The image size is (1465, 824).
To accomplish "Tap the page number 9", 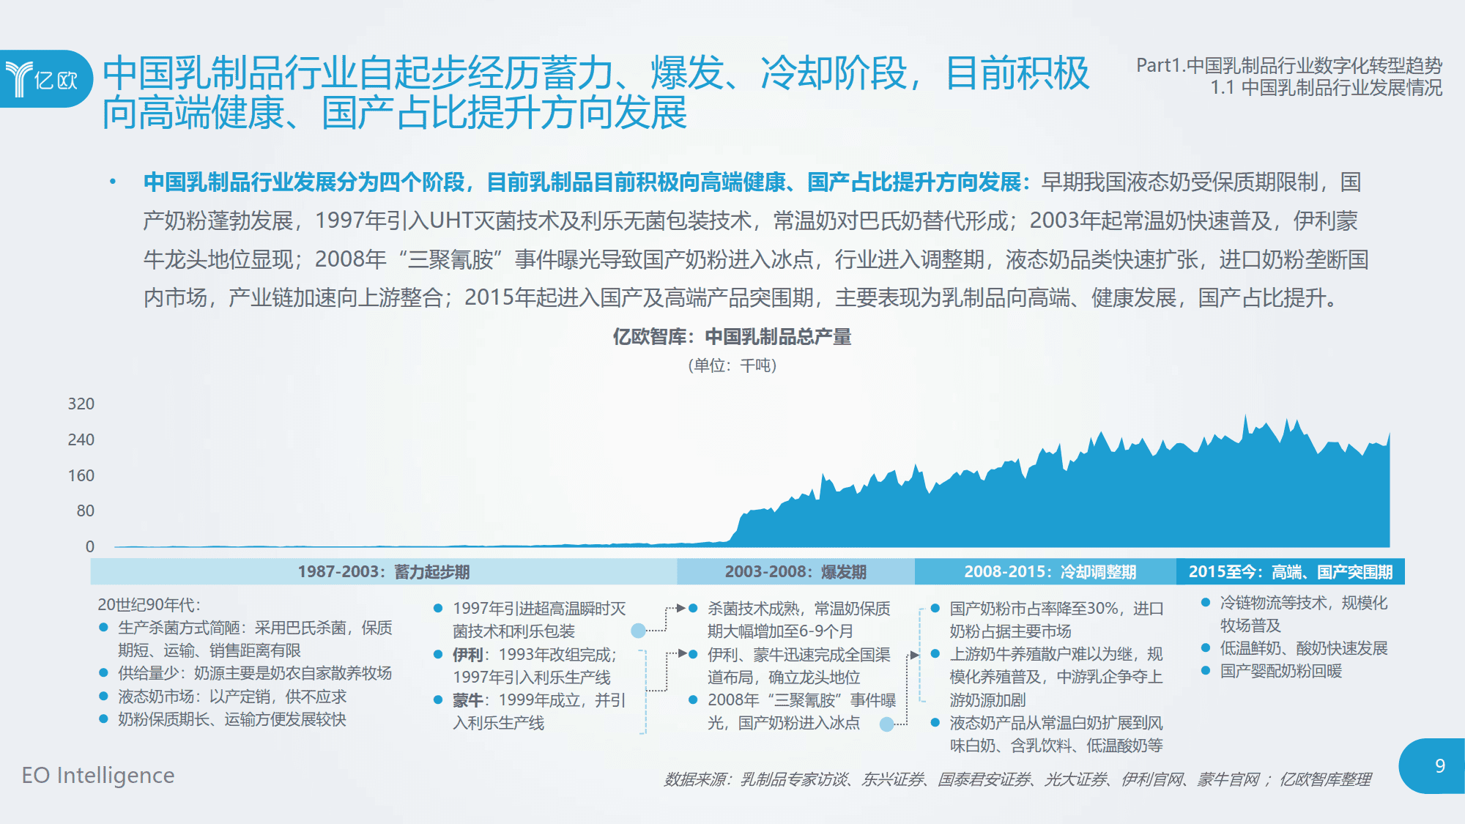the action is point(1439,766).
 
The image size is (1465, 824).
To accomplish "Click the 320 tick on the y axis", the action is point(81,404).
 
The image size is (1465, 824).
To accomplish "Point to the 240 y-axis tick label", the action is point(81,439).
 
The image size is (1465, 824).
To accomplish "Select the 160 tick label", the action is point(81,475).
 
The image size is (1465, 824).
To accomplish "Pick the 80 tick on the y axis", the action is point(86,511).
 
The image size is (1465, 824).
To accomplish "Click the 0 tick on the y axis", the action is point(90,546).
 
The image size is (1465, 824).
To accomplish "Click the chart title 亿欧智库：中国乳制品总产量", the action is point(732,337).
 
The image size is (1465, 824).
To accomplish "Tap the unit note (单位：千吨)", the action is point(732,365).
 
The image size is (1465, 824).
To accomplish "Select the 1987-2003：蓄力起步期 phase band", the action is point(384,571).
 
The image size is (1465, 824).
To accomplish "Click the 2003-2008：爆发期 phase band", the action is point(796,571).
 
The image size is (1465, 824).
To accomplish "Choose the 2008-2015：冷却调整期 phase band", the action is point(1046,571).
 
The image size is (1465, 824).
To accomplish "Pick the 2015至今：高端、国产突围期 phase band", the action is point(1291,571).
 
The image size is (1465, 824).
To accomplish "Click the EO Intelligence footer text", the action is point(98,775).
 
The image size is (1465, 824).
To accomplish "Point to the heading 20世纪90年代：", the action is point(149,605).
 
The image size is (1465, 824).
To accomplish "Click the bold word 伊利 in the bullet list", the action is point(467,655).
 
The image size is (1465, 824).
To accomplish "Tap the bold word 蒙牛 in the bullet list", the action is point(467,700).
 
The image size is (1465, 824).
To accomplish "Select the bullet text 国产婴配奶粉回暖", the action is point(1281,671).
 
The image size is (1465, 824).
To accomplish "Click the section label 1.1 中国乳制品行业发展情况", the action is point(1327,88).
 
